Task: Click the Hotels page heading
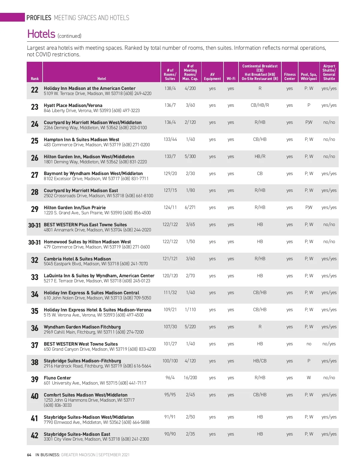pos(41,34)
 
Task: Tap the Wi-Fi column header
pos(231,79)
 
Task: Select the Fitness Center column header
pos(289,76)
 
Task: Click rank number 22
pos(34,90)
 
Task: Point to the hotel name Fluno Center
pos(57,378)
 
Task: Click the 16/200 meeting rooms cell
pos(190,378)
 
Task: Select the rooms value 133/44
pos(170,139)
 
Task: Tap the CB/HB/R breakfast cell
pos(260,105)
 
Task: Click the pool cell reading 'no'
pos(309,344)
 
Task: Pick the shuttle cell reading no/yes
pos(329,344)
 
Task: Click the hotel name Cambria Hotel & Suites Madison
pos(77,259)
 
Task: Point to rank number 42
pos(34,435)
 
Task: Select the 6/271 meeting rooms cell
pos(190,207)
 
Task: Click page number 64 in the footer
pos(29,455)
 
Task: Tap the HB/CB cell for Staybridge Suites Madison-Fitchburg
pos(260,361)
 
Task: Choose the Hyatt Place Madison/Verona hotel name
pos(73,106)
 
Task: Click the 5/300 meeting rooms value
pos(190,156)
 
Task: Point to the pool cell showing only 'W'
pos(309,378)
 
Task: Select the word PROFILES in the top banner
pos(39,18)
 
